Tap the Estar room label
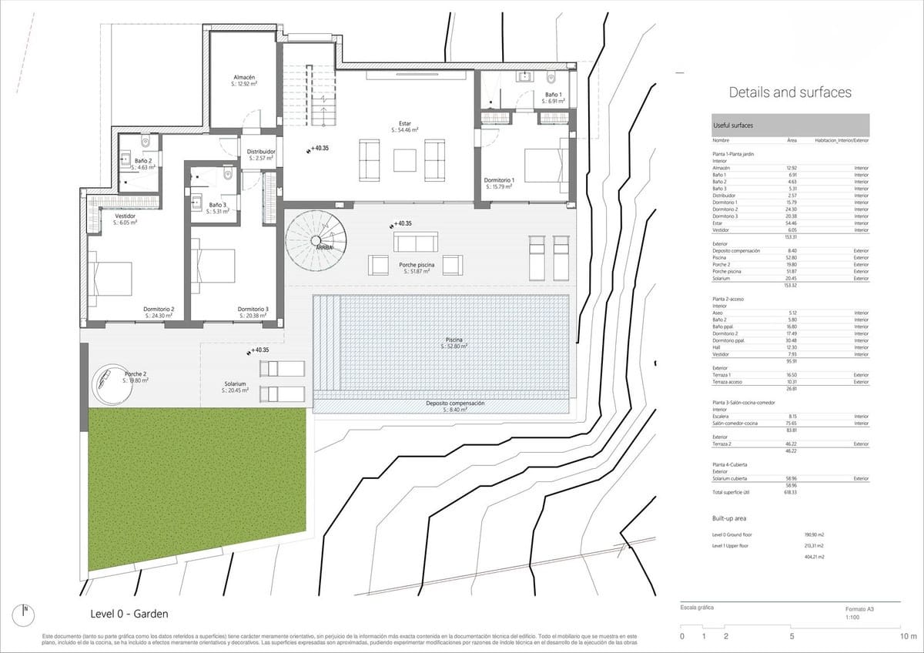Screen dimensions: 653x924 404,122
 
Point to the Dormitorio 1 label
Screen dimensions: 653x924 499,180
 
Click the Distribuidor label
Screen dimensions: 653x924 260,152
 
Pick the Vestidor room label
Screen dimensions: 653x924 125,216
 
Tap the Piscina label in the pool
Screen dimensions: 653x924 454,340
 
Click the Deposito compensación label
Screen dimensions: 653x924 455,404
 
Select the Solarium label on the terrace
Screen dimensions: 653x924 235,383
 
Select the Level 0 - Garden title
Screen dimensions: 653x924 129,614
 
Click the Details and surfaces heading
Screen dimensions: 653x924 790,92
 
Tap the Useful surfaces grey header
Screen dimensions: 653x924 790,125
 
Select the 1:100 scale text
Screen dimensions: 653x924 853,618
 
